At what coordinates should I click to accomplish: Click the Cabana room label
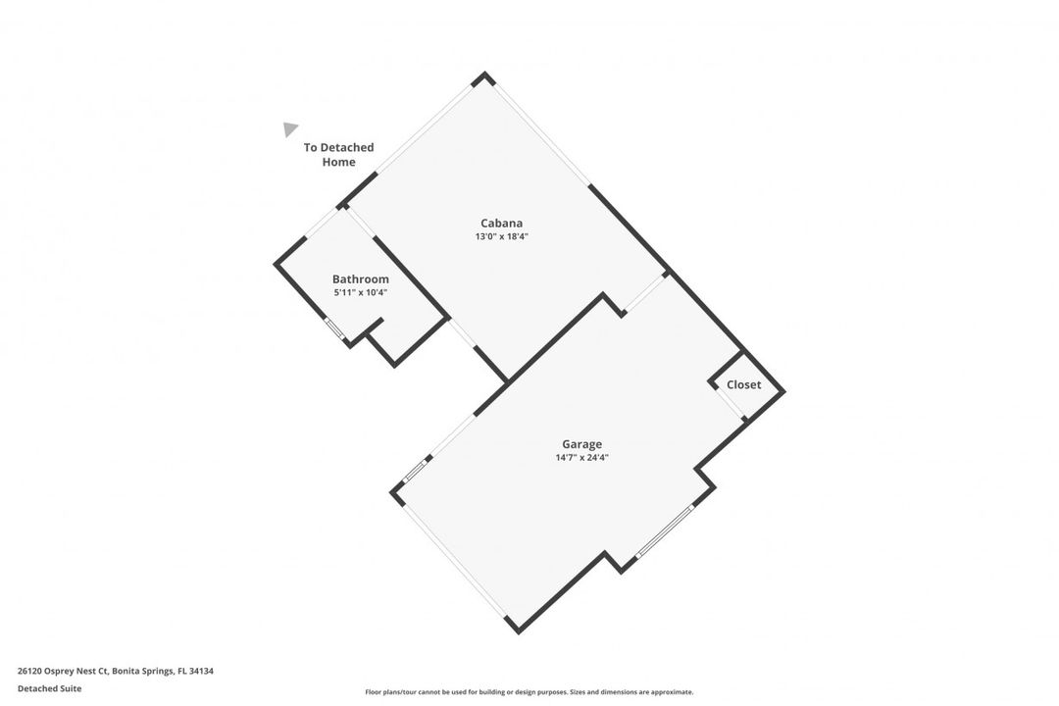pos(501,223)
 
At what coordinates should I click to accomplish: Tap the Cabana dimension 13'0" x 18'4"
pos(501,236)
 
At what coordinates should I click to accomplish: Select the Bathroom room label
pos(361,279)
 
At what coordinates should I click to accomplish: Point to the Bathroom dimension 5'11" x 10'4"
pos(361,292)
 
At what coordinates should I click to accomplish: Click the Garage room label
pos(581,444)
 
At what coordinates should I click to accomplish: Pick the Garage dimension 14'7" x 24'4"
pos(581,457)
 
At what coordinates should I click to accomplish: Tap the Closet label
pos(743,385)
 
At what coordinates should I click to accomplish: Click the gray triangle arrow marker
pos(289,129)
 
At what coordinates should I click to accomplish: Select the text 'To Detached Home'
pos(338,155)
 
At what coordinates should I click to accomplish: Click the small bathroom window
pos(335,328)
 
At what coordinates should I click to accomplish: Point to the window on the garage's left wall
pos(416,471)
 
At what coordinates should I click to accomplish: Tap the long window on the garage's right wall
pos(665,531)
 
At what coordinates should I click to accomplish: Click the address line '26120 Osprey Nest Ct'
pos(63,671)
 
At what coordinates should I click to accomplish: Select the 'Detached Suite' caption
pos(49,688)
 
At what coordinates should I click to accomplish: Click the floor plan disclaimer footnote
pos(529,692)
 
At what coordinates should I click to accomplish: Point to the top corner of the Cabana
pos(484,73)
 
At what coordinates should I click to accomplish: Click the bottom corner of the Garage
pos(518,631)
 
